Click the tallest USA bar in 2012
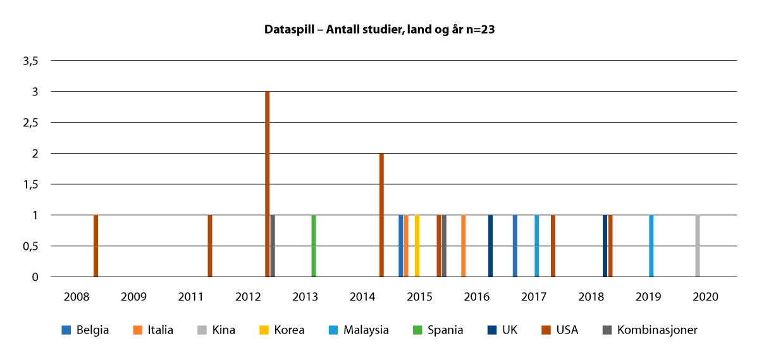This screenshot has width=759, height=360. click(x=268, y=183)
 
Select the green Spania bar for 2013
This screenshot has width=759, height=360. click(x=314, y=245)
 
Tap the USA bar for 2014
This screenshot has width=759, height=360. click(x=381, y=214)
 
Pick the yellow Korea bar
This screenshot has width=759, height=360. click(x=417, y=245)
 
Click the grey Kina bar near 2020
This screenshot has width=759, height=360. click(x=698, y=245)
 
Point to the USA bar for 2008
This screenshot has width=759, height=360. click(x=96, y=245)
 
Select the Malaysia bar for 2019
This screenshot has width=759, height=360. click(x=651, y=245)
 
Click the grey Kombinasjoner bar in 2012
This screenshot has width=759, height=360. click(x=273, y=245)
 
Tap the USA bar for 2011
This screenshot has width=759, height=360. click(x=210, y=245)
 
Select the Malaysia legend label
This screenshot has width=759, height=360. click(x=366, y=330)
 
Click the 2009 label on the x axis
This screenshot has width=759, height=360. click(x=133, y=296)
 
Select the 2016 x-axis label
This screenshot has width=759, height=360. click(x=477, y=296)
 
